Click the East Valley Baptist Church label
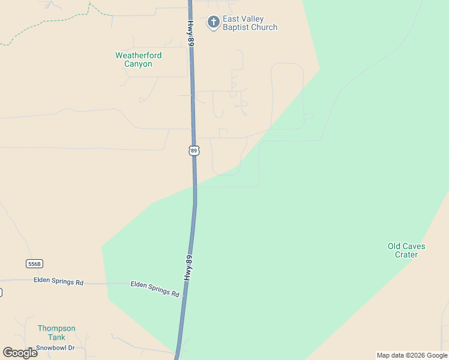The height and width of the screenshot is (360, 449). click(250, 23)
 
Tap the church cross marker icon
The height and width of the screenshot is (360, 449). click(212, 23)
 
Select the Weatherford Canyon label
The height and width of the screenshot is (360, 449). click(138, 59)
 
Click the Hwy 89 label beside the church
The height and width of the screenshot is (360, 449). click(190, 34)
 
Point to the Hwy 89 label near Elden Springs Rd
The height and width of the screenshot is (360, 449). click(189, 268)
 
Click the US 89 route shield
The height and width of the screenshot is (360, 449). click(193, 151)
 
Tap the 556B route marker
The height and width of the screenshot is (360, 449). click(35, 264)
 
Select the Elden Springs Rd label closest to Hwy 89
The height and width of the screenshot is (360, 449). click(155, 289)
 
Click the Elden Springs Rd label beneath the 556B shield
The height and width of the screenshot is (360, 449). click(58, 281)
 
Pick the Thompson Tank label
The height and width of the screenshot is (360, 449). click(56, 332)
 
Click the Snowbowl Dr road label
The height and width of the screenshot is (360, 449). click(55, 347)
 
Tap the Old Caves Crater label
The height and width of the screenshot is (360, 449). click(406, 250)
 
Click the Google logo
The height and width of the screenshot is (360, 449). click(20, 352)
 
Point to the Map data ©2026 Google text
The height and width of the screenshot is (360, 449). click(412, 355)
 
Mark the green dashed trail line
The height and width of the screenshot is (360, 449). click(60, 21)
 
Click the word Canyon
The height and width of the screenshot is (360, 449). click(138, 64)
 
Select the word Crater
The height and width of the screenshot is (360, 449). click(406, 254)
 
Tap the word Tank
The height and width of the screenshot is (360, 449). click(56, 337)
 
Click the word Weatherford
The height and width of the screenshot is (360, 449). click(138, 55)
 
